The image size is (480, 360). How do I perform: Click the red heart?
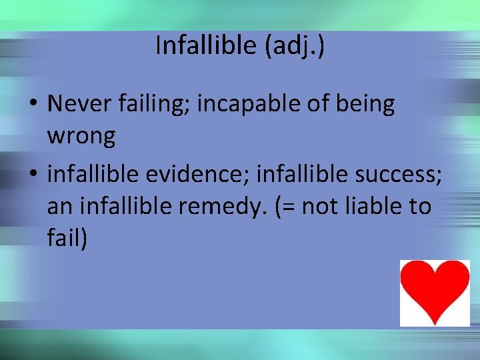435,291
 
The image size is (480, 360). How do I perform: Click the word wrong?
81,136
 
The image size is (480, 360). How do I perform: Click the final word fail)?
67,239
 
